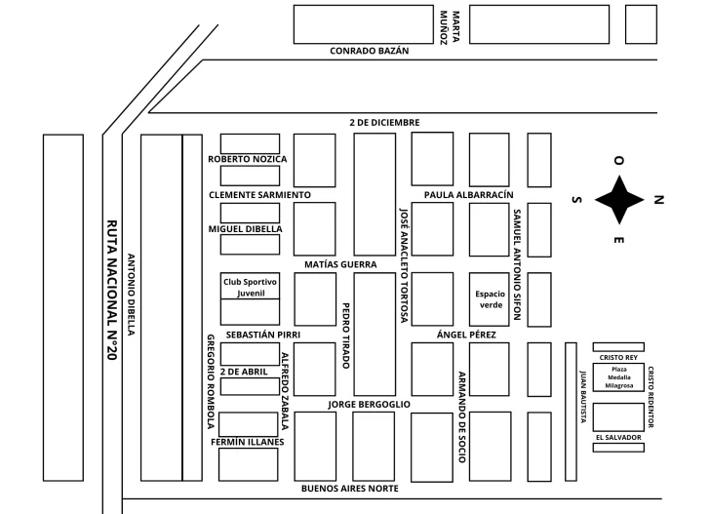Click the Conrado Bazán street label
pyautogui.click(x=369, y=51)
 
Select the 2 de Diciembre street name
pyautogui.click(x=384, y=123)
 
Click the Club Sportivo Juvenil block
pyautogui.click(x=251, y=287)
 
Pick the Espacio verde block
pyautogui.click(x=490, y=298)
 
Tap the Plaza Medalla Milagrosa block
pyautogui.click(x=618, y=377)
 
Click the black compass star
pyautogui.click(x=619, y=200)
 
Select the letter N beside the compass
pyautogui.click(x=659, y=201)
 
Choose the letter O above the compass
pyautogui.click(x=618, y=159)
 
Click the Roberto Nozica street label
pyautogui.click(x=248, y=159)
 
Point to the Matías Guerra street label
pyautogui.click(x=340, y=264)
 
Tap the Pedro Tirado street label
pyautogui.click(x=345, y=335)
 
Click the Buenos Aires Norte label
pyautogui.click(x=349, y=489)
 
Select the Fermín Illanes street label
pyautogui.click(x=247, y=442)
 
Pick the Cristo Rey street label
pyautogui.click(x=618, y=357)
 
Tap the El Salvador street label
pyautogui.click(x=618, y=437)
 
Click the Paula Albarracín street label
pyautogui.click(x=468, y=195)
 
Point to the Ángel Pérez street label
pyautogui.click(x=466, y=335)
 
